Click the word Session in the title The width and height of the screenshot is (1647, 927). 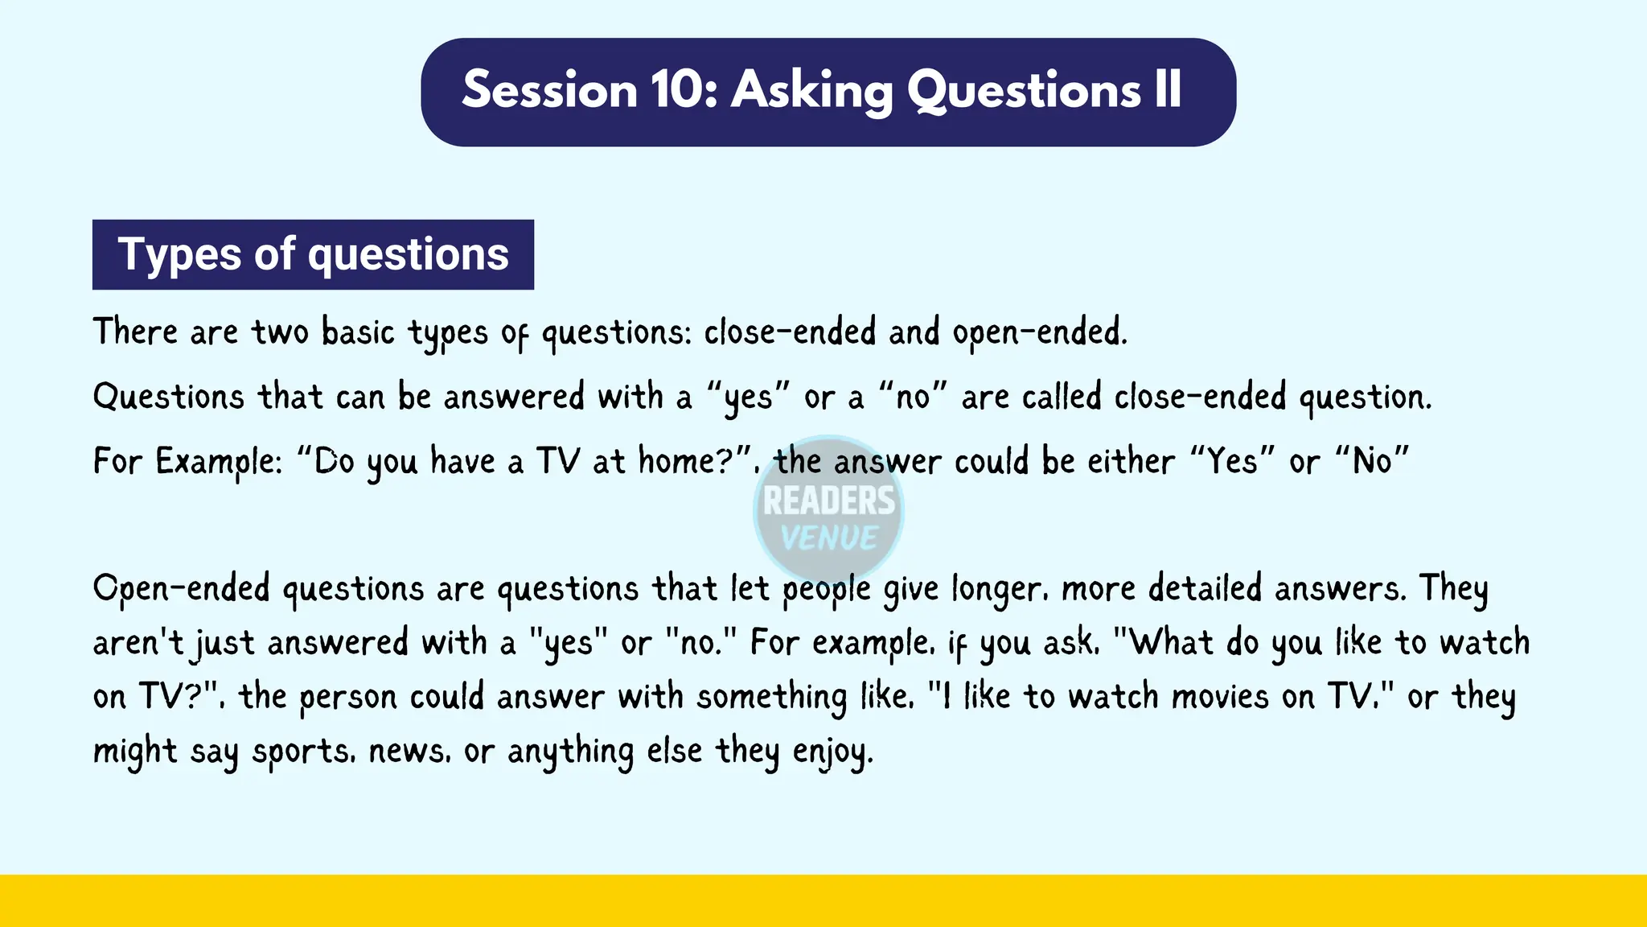(549, 90)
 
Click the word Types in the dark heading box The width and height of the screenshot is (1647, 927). (179, 254)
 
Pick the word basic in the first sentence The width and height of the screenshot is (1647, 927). (358, 332)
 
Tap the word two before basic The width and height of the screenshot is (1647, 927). (280, 332)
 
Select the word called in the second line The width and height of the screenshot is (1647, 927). (1061, 397)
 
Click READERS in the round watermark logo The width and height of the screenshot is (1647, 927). (828, 501)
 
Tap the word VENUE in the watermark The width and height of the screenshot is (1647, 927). (828, 538)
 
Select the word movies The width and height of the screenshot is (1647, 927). (1220, 696)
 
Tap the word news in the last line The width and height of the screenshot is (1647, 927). (408, 752)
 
